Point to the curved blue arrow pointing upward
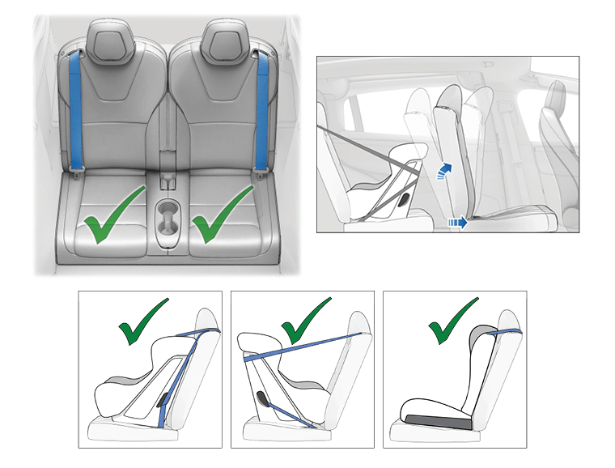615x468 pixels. pos(442,171)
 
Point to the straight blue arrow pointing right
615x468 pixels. pos(458,219)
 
